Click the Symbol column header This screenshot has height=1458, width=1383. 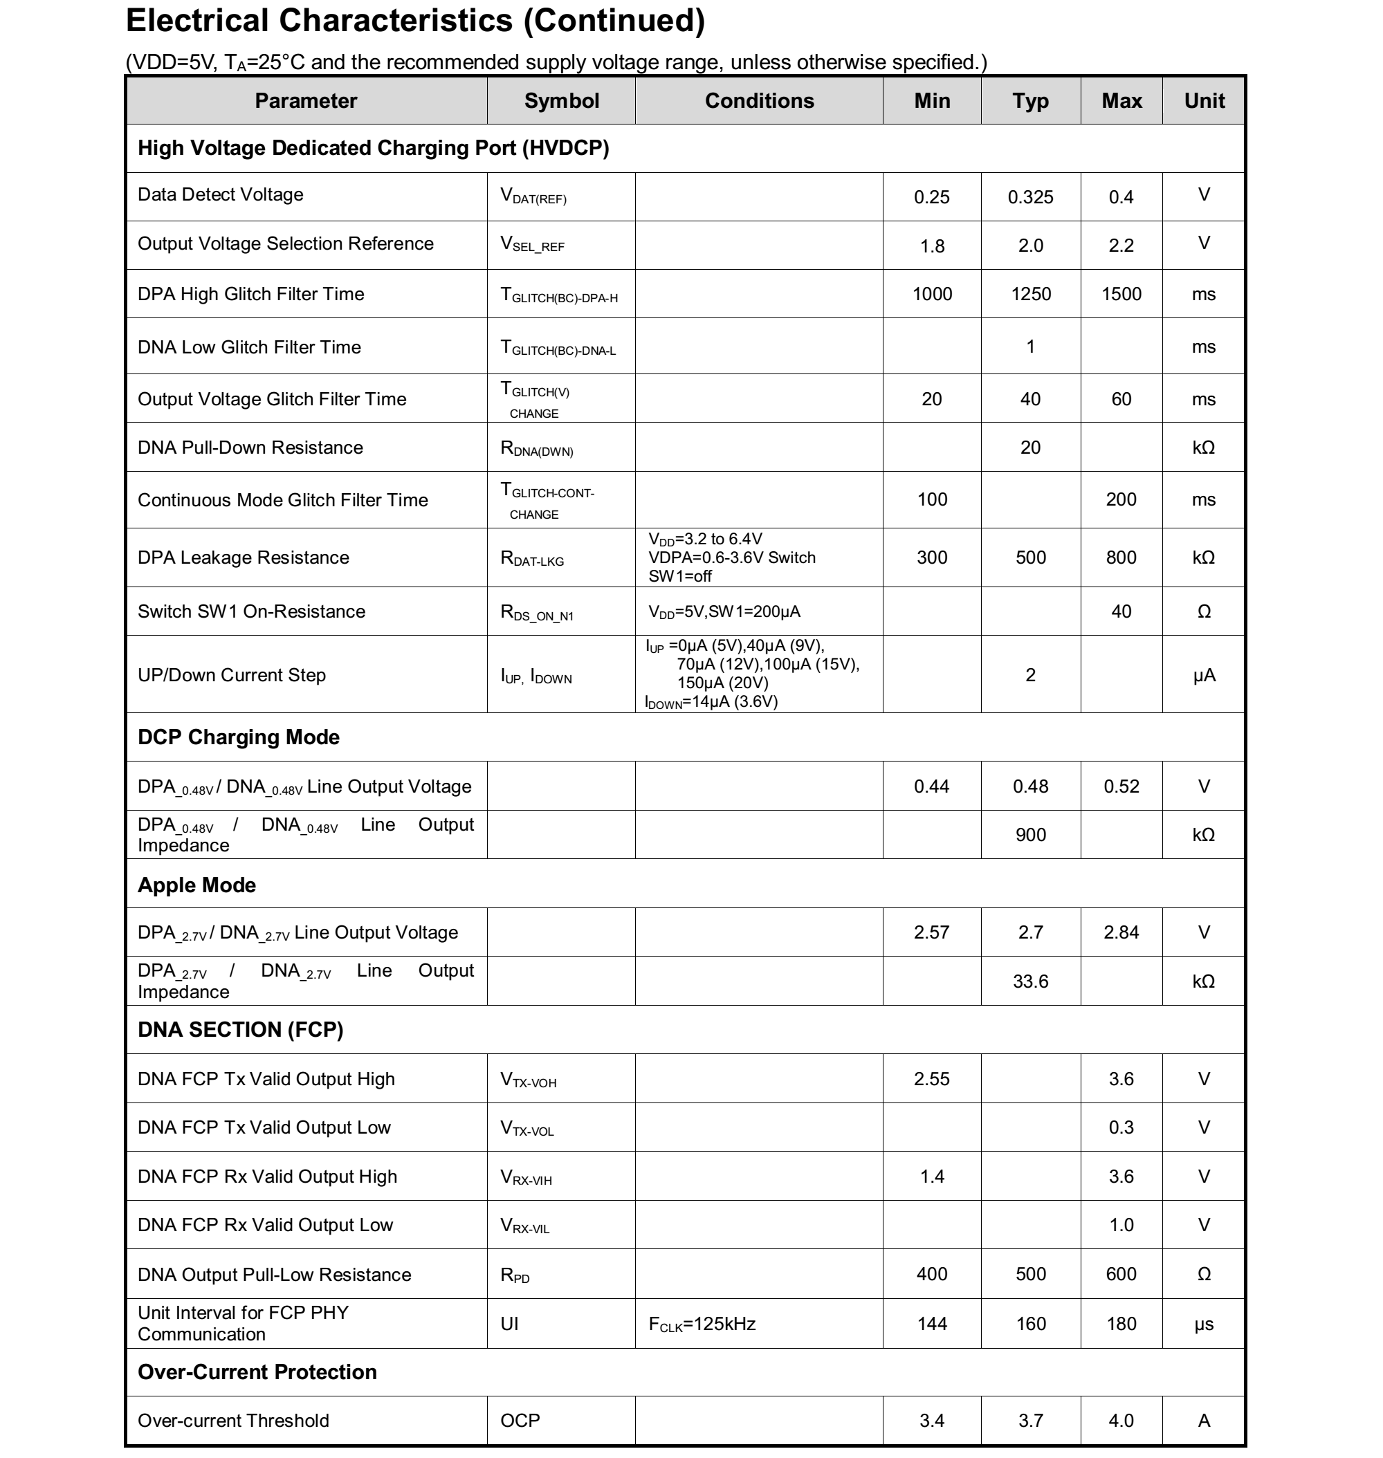pyautogui.click(x=561, y=101)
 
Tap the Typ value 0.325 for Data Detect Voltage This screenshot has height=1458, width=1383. pyautogui.click(x=1030, y=198)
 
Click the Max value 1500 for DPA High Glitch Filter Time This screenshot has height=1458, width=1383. pyautogui.click(x=1121, y=294)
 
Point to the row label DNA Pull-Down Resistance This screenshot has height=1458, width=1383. pyautogui.click(x=250, y=447)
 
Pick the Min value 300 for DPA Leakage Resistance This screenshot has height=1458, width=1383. pyautogui.click(x=932, y=558)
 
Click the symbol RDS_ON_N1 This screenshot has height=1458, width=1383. pyautogui.click(x=536, y=613)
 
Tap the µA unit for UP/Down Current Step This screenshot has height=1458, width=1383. pyautogui.click(x=1203, y=675)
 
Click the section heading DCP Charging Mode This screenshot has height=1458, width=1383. pyautogui.click(x=238, y=737)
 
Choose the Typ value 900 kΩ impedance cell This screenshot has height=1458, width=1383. pyautogui.click(x=1030, y=835)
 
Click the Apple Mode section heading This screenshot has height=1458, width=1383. pyautogui.click(x=197, y=885)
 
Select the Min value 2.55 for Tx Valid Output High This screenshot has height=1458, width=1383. pyautogui.click(x=932, y=1079)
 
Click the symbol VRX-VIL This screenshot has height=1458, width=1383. pyautogui.click(x=524, y=1226)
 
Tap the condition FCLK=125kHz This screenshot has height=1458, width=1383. pyautogui.click(x=702, y=1325)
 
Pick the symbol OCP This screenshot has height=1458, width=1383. pyautogui.click(x=520, y=1421)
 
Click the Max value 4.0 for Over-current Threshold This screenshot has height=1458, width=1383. pyautogui.click(x=1121, y=1421)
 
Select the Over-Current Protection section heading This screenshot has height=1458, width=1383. pyautogui.click(x=257, y=1372)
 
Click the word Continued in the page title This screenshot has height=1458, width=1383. pyautogui.click(x=614, y=21)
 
